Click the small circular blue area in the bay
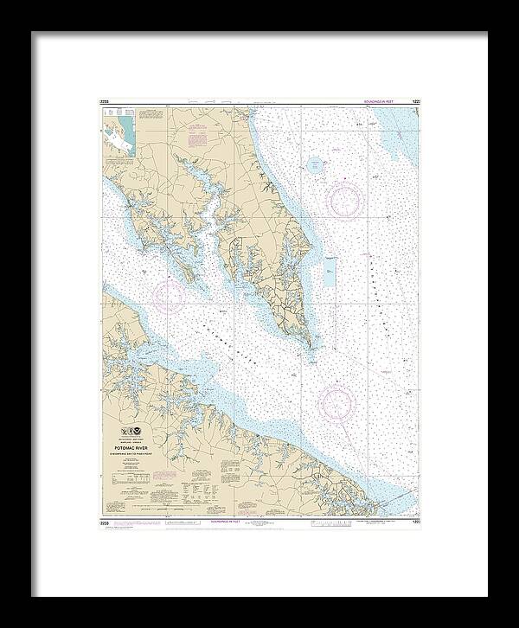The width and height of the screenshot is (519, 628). [314, 163]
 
